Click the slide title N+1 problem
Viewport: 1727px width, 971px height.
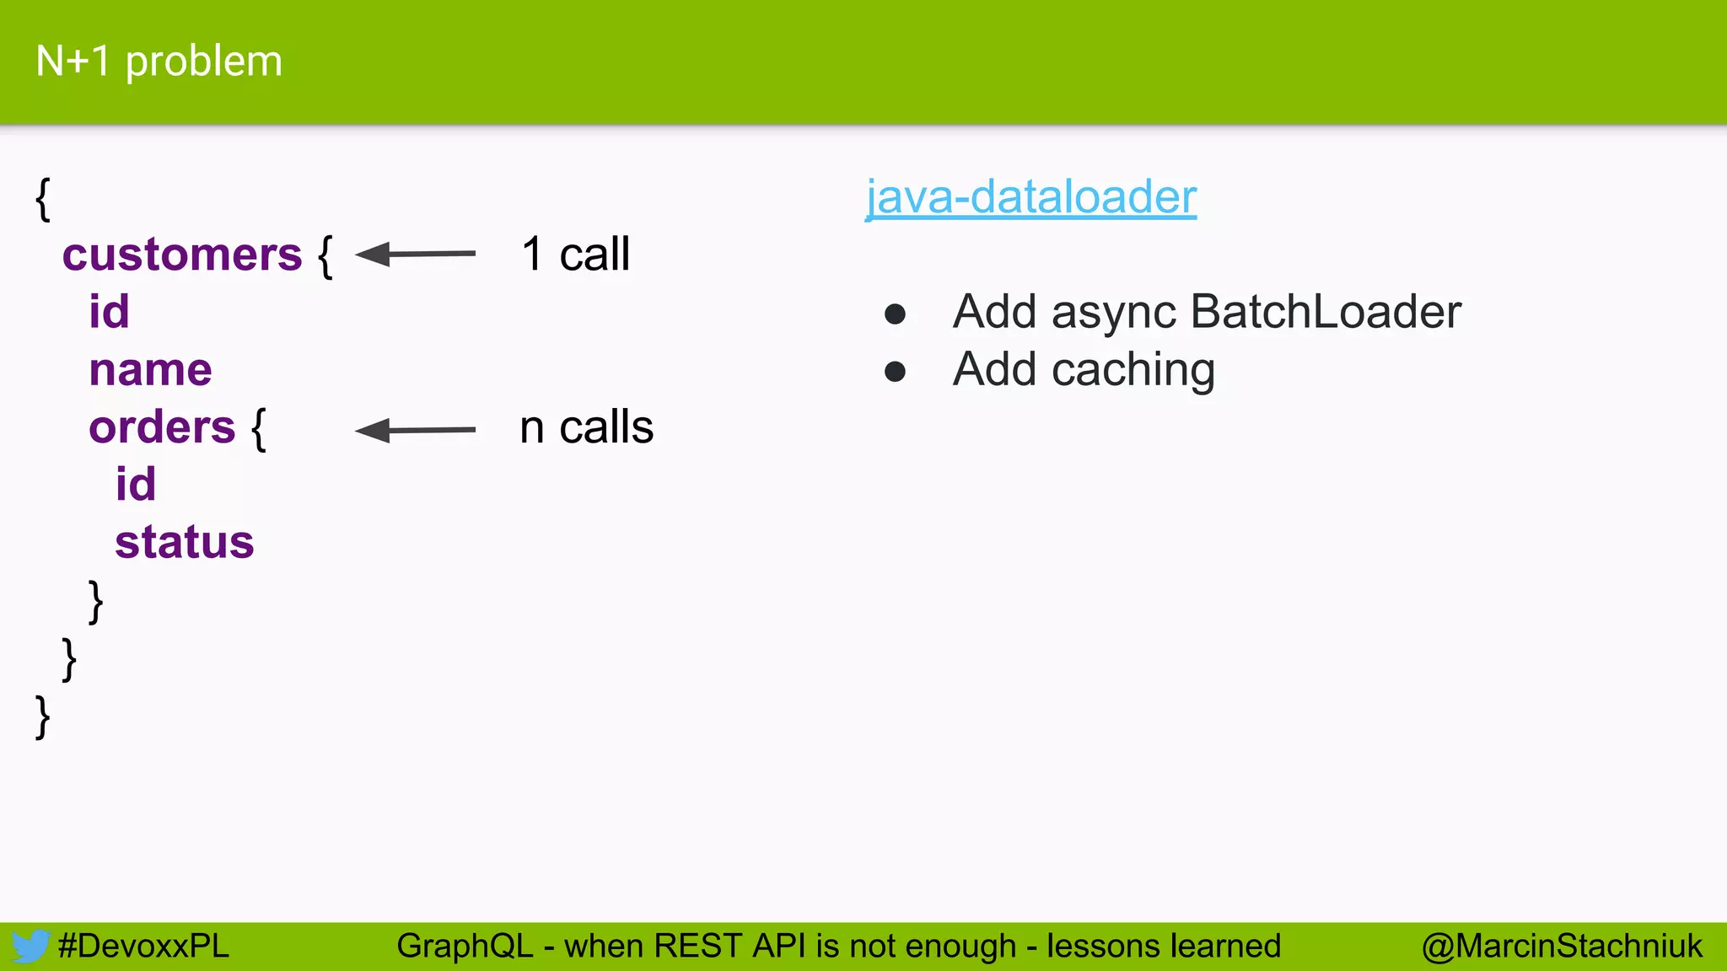pos(159,62)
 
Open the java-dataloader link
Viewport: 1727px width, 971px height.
pos(1030,197)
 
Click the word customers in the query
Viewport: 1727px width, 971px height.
pos(181,255)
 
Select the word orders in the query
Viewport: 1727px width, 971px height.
pos(162,427)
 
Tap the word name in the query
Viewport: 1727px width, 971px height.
pos(150,370)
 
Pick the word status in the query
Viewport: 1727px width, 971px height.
pos(184,542)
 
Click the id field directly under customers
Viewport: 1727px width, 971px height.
pos(109,312)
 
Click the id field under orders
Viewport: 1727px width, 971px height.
pos(135,485)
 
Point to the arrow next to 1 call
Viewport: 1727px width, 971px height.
pos(415,254)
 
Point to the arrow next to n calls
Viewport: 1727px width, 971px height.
pos(415,430)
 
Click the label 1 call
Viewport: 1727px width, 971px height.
pos(575,255)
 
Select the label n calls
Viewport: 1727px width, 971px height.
pos(586,427)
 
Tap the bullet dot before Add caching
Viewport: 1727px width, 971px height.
pos(895,372)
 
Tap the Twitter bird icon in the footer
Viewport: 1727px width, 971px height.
pos(30,946)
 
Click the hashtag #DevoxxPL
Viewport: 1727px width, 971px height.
pos(143,946)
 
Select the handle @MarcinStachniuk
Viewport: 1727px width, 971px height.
pos(1562,946)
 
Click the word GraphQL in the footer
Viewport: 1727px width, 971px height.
pos(465,946)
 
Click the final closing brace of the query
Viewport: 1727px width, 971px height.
pos(42,717)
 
